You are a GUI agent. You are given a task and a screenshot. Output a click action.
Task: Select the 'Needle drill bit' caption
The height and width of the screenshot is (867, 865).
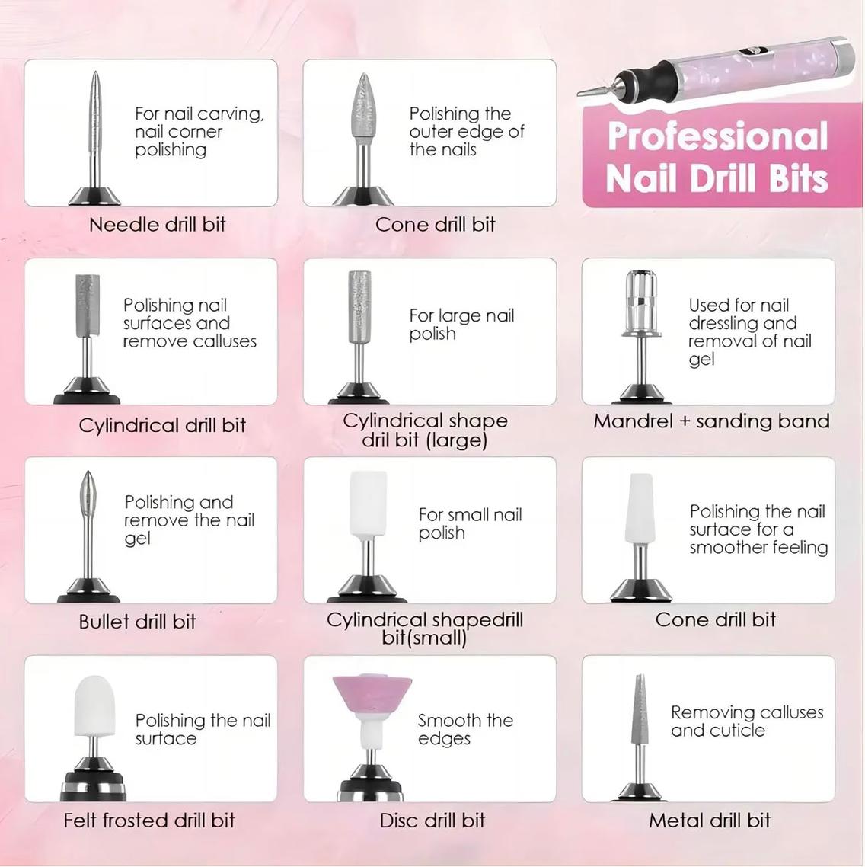coord(158,225)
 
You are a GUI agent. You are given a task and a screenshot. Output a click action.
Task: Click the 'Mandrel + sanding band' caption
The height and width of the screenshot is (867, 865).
coord(711,421)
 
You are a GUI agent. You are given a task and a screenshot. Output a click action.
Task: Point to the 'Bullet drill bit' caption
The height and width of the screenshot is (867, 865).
coord(137,622)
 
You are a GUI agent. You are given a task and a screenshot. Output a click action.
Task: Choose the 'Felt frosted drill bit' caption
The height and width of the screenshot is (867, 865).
coord(149,821)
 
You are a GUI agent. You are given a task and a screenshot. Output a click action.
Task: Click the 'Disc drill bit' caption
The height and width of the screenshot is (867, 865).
coord(432,821)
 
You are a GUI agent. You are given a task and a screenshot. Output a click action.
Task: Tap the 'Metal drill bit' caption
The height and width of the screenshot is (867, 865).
coord(710,821)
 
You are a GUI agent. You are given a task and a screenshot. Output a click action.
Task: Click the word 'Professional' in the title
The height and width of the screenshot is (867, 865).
coord(717,137)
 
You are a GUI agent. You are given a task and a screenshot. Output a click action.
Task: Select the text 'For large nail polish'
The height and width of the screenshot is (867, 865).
coord(461,325)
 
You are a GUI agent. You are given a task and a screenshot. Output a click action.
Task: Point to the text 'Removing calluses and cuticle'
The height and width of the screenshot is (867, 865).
coord(746,721)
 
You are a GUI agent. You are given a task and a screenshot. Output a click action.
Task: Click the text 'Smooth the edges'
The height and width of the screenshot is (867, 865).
coord(465,729)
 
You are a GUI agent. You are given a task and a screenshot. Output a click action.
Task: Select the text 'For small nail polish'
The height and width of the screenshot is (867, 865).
coord(470,523)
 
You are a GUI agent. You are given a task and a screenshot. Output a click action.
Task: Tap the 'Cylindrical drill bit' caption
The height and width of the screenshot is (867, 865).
coord(162,425)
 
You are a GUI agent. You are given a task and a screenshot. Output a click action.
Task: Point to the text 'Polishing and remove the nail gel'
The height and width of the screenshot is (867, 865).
coord(189,520)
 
